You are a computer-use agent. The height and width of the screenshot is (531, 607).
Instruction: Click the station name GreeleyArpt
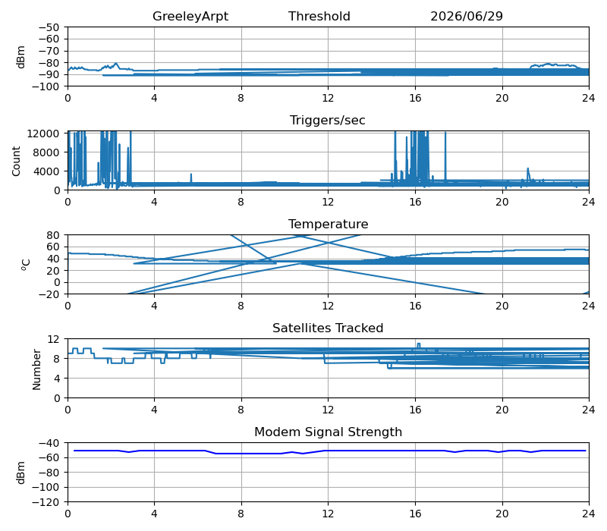point(190,16)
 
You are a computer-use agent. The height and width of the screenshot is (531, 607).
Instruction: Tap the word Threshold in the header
point(319,16)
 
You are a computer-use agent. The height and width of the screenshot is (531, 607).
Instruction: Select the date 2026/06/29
point(467,16)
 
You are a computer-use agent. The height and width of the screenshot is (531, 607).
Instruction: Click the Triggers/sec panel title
point(328,120)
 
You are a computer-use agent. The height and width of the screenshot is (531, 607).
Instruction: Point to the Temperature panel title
point(328,224)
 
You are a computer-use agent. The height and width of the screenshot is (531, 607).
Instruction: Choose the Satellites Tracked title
point(328,328)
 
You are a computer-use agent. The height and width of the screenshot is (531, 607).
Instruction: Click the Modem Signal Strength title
point(328,432)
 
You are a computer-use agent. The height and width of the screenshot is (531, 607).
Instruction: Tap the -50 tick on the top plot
point(49,27)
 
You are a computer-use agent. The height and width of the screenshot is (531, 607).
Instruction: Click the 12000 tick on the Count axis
point(43,134)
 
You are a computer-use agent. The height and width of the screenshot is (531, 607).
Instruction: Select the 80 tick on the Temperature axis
point(54,235)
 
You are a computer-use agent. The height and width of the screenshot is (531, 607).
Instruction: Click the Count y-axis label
point(16,161)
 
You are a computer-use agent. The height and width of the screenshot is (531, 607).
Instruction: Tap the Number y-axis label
point(36,369)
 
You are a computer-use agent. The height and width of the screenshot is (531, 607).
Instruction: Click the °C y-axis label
point(26,265)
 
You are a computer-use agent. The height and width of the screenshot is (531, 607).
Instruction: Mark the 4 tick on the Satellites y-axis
point(56,379)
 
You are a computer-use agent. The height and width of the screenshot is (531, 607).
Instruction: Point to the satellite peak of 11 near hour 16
point(419,344)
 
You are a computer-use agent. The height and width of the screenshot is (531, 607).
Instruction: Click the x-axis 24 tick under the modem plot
point(589,514)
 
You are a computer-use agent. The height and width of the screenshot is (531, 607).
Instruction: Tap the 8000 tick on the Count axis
point(46,152)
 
